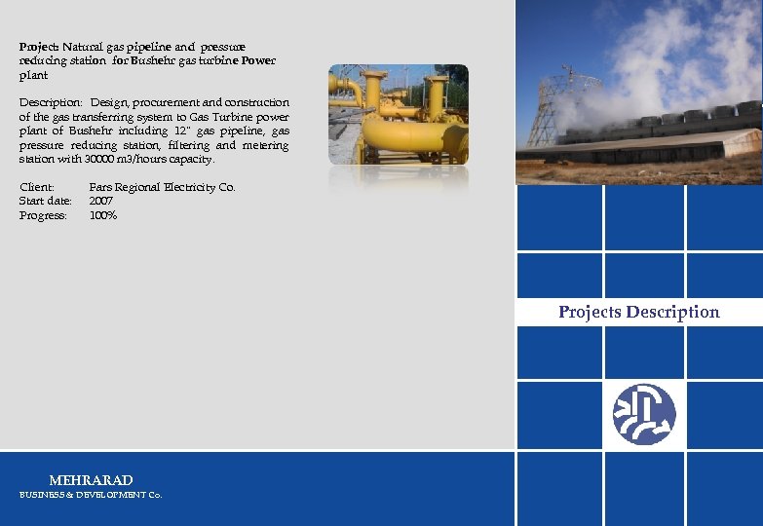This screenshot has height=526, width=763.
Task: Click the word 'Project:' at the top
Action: pyautogui.click(x=40, y=47)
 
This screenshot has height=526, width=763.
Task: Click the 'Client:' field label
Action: pyautogui.click(x=36, y=187)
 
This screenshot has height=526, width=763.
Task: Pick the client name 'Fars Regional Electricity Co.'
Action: pyautogui.click(x=162, y=187)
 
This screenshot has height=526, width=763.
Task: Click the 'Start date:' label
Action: pyautogui.click(x=45, y=201)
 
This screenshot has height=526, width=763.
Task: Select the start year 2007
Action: pyautogui.click(x=101, y=201)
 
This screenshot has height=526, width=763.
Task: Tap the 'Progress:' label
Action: pyautogui.click(x=43, y=215)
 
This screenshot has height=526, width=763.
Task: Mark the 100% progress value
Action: pyautogui.click(x=103, y=215)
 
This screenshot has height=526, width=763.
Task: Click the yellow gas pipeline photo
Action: pyautogui.click(x=398, y=114)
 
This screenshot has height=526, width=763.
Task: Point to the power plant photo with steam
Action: pyautogui.click(x=638, y=93)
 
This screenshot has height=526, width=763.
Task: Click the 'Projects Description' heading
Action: pyautogui.click(x=638, y=313)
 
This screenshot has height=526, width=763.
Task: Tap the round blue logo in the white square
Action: pyautogui.click(x=643, y=414)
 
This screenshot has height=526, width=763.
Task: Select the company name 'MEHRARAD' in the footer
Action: pyautogui.click(x=91, y=480)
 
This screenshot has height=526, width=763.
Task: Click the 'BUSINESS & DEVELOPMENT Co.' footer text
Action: pyautogui.click(x=91, y=495)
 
